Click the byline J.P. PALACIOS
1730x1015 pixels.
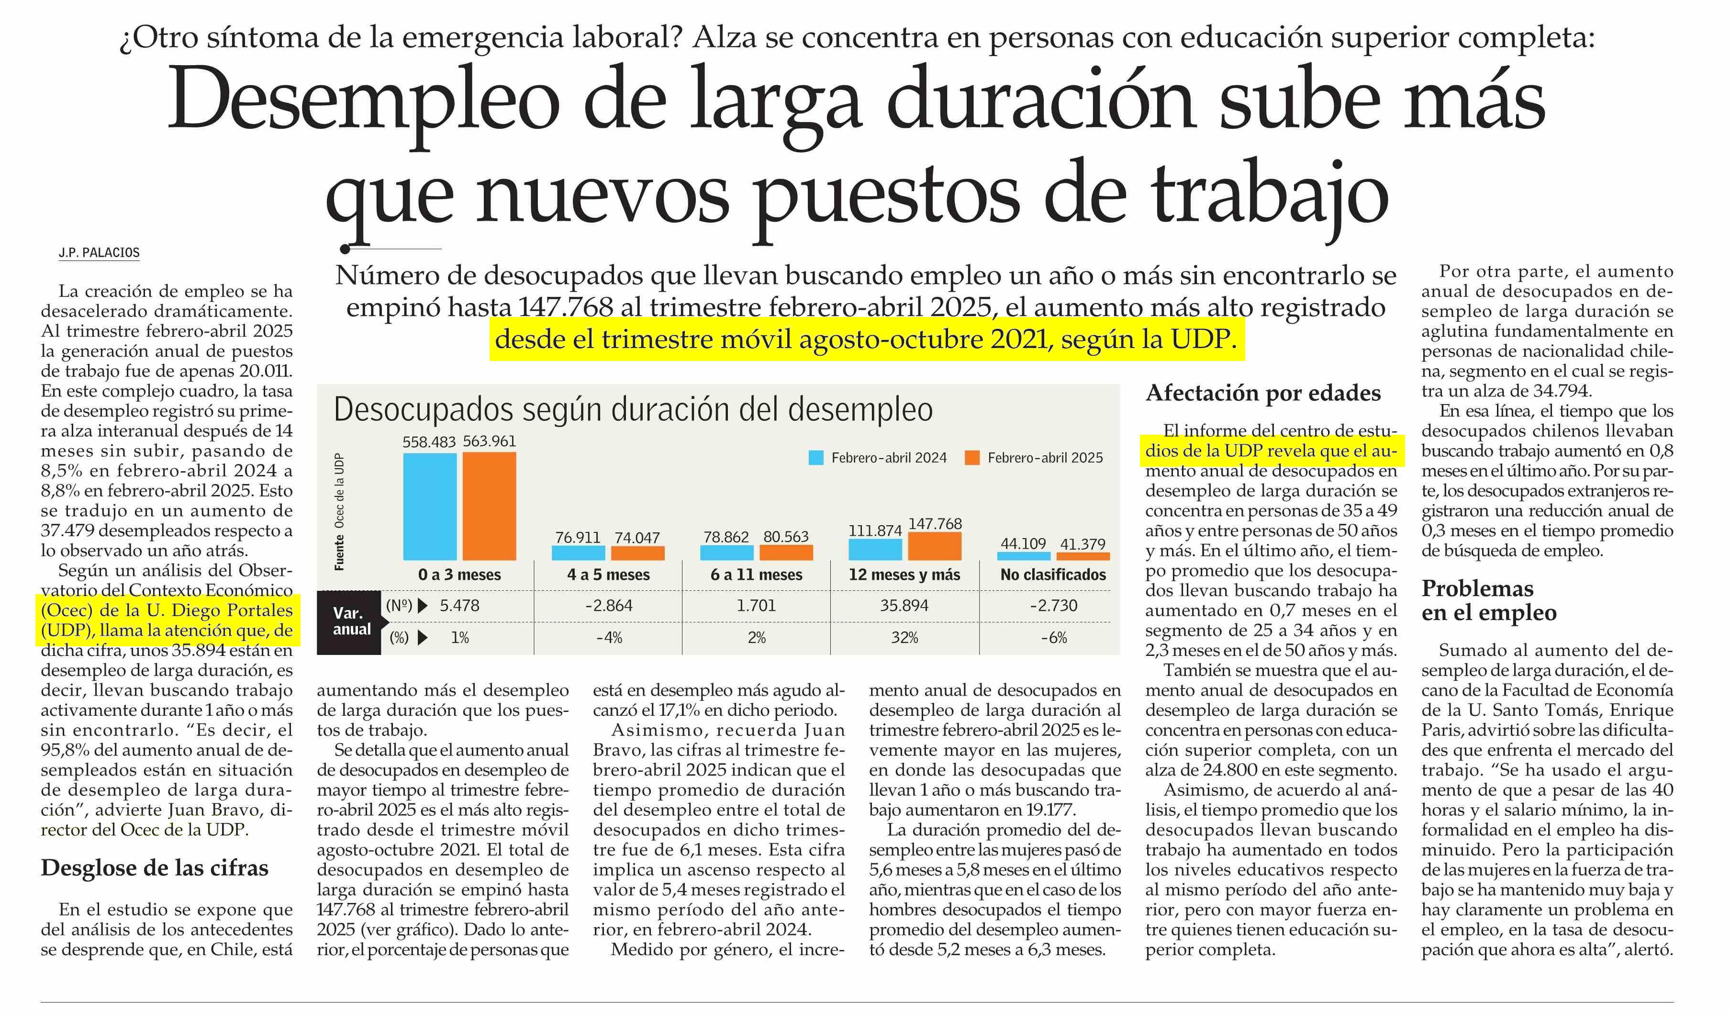tap(99, 253)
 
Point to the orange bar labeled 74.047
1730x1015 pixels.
tap(637, 553)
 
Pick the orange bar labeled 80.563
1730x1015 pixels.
tap(786, 552)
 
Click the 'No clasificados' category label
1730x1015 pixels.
tap(1053, 575)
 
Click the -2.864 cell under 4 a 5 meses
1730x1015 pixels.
tap(608, 606)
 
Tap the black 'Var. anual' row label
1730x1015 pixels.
tap(351, 621)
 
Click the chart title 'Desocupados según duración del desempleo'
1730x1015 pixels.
tap(633, 410)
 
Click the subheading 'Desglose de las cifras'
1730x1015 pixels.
tap(155, 868)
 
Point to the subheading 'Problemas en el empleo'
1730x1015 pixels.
tap(1488, 600)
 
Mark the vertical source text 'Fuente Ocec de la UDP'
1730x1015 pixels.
tap(339, 512)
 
